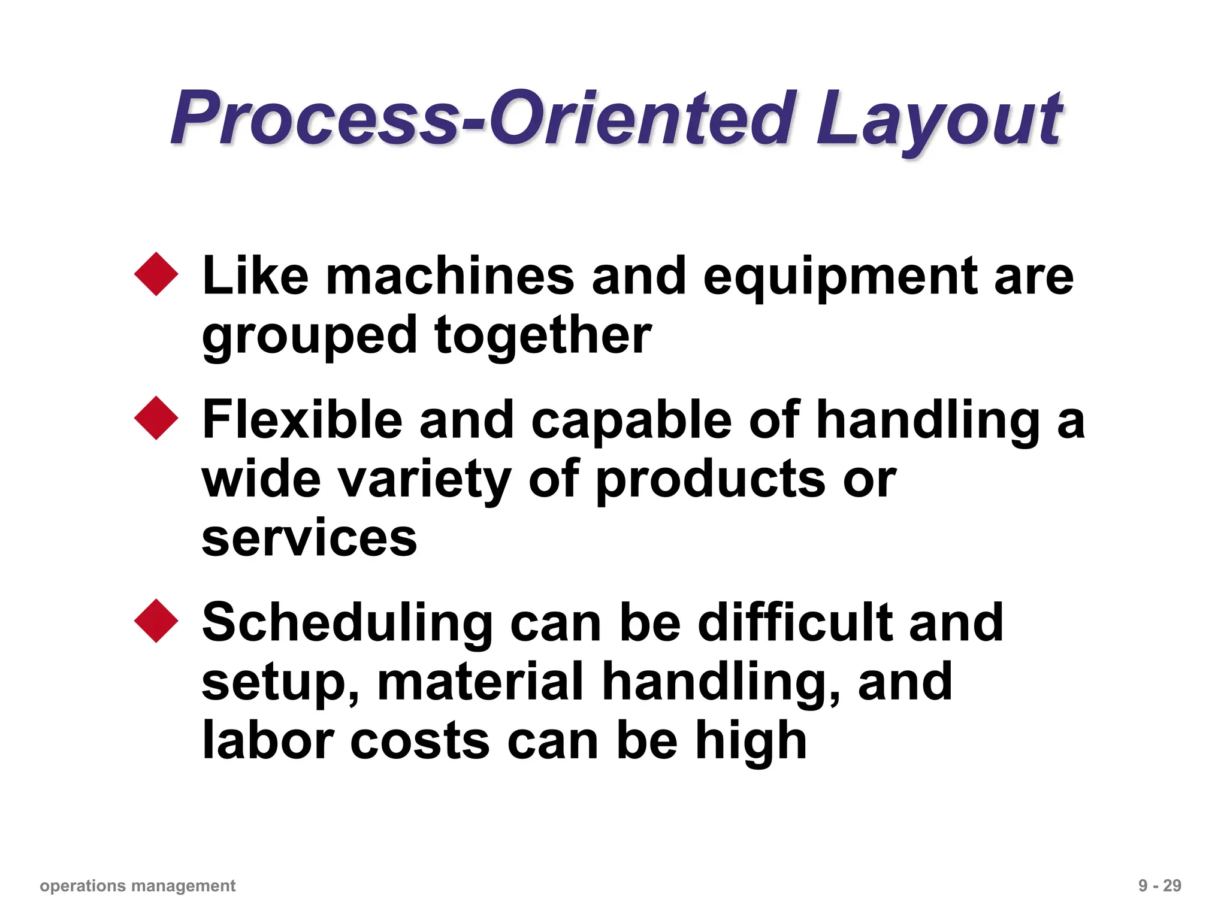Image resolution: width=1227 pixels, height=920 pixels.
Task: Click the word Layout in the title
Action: [939, 120]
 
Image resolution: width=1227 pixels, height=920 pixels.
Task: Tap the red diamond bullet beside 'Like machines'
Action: [156, 274]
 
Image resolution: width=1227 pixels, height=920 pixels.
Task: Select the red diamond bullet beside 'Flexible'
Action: [156, 418]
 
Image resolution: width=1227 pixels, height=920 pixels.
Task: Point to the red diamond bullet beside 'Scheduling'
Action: [156, 621]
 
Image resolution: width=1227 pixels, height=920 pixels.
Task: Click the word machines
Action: [450, 276]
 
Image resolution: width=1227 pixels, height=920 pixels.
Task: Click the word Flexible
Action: [303, 420]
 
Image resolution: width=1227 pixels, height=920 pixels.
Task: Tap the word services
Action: [309, 538]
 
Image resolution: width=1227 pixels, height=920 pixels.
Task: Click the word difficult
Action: [795, 623]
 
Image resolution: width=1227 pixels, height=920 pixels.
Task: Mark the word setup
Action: [279, 683]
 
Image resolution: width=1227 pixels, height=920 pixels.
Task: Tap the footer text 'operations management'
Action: [137, 886]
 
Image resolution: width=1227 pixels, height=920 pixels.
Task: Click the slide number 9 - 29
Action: [1159, 886]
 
